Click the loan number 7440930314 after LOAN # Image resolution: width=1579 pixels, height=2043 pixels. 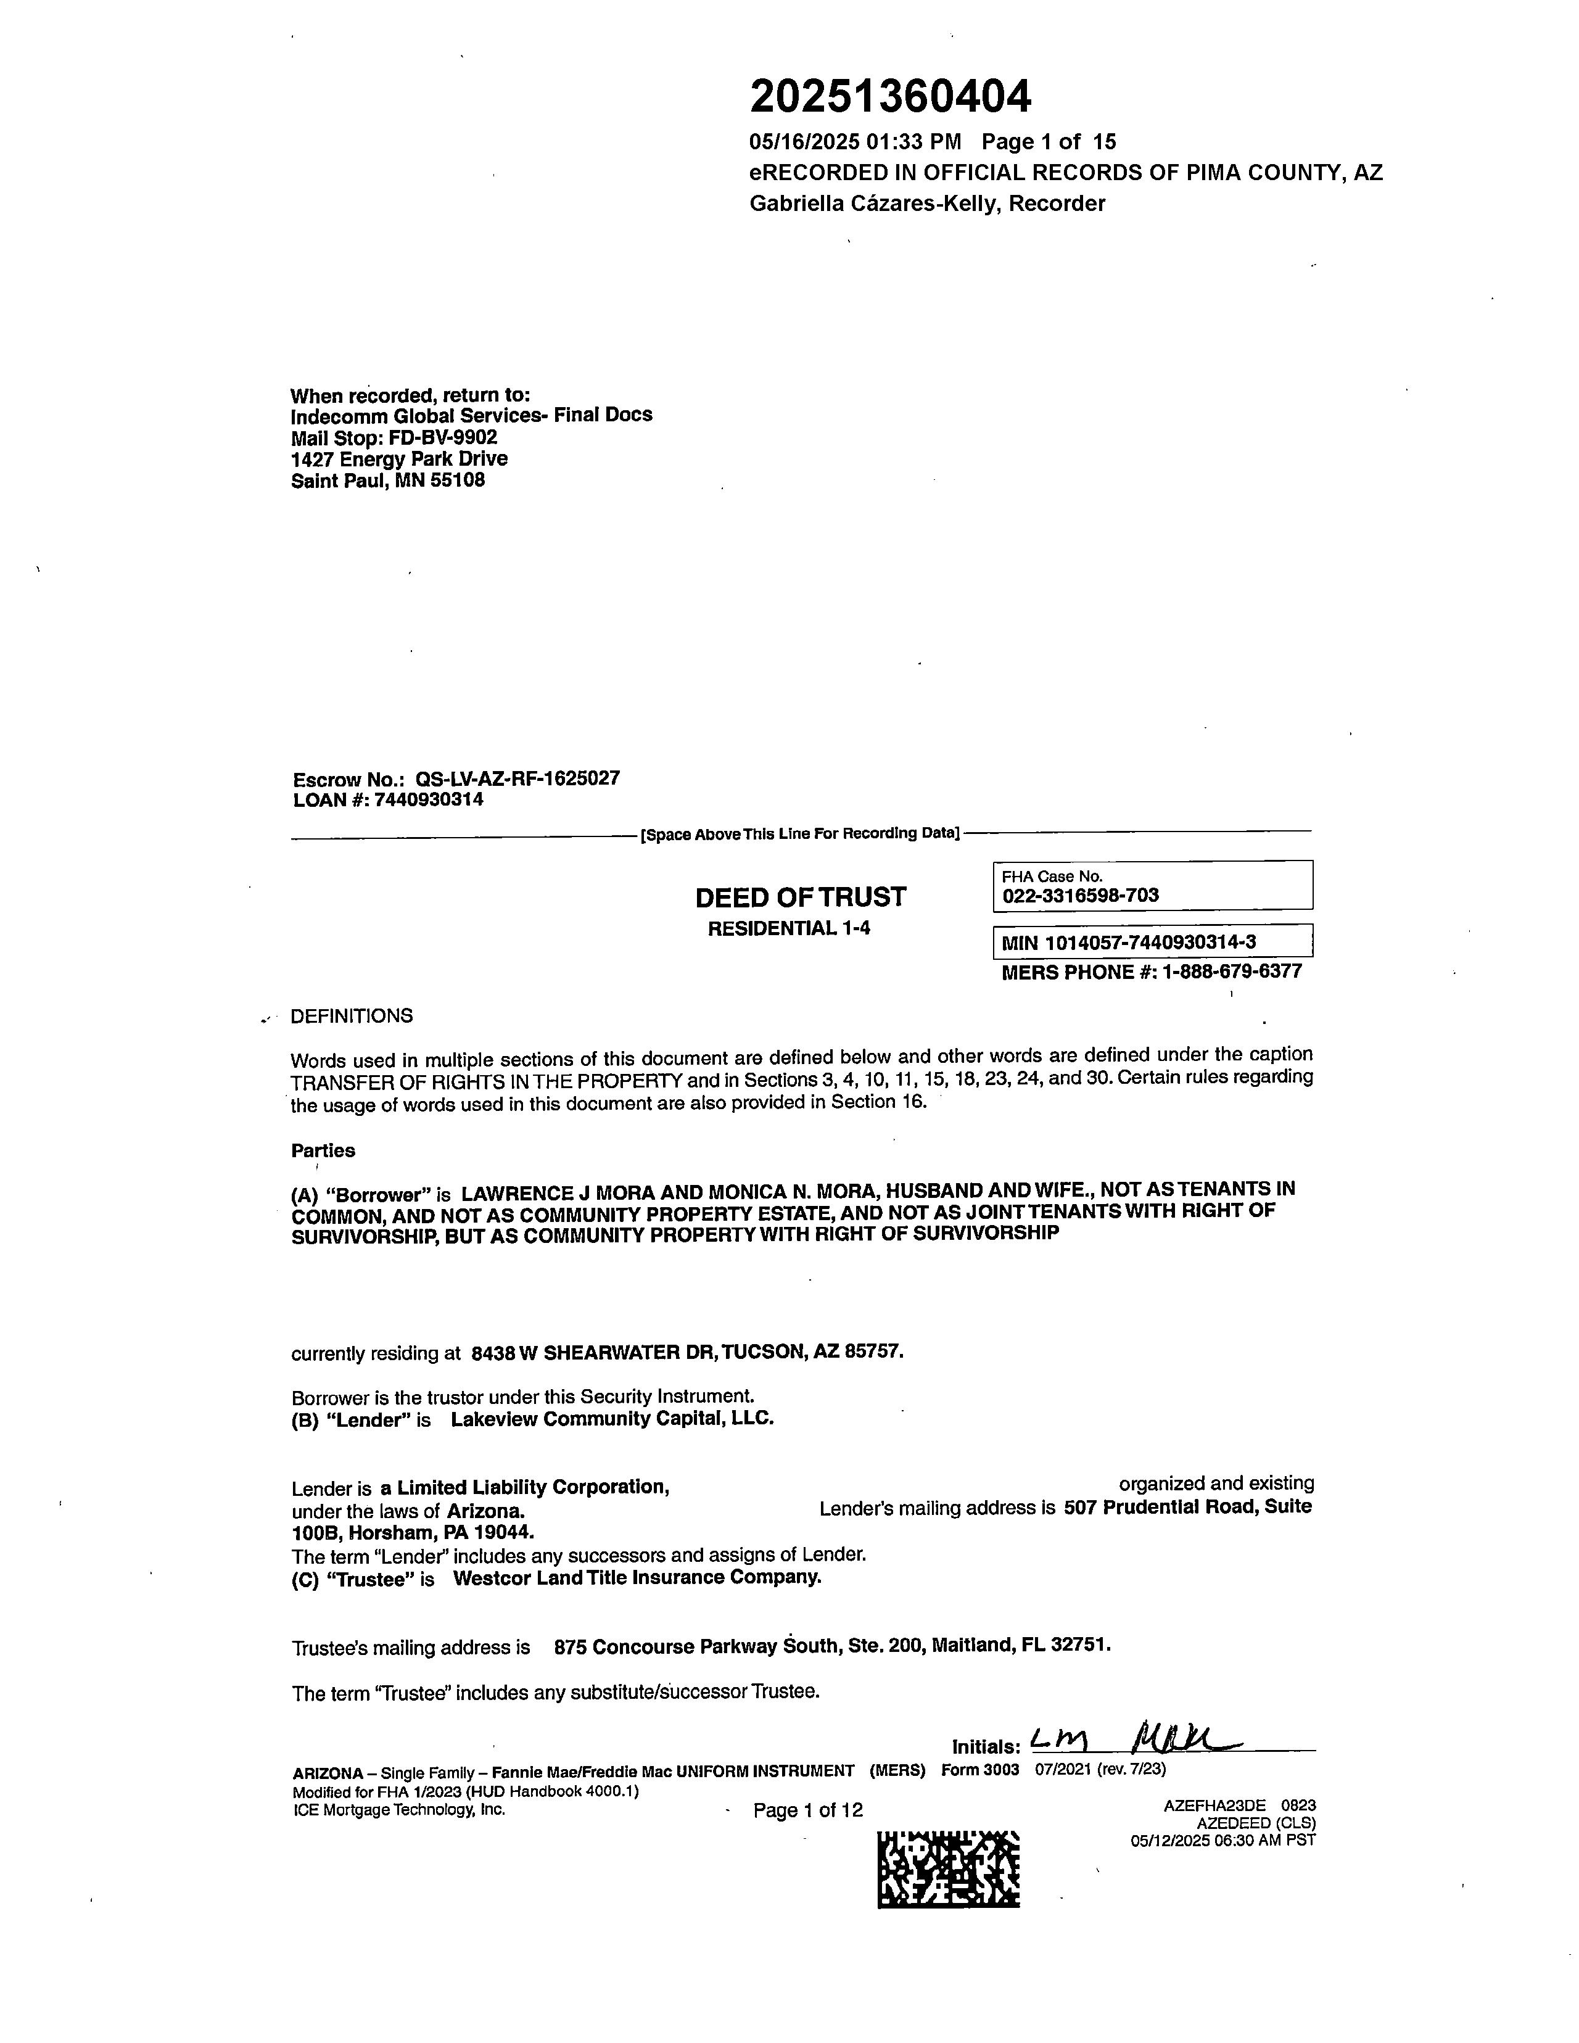click(x=429, y=800)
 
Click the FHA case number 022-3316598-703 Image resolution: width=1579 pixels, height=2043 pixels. click(x=1081, y=895)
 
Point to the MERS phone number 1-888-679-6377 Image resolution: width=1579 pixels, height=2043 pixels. click(x=1232, y=972)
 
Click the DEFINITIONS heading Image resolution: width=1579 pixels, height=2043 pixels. click(x=352, y=1016)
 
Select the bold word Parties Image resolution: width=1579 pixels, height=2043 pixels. click(x=323, y=1150)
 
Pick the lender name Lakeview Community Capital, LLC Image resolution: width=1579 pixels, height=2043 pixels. click(x=612, y=1419)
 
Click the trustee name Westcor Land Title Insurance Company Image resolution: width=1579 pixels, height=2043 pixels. click(x=637, y=1578)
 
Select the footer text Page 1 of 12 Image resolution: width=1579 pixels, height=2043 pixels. click(x=807, y=1810)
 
